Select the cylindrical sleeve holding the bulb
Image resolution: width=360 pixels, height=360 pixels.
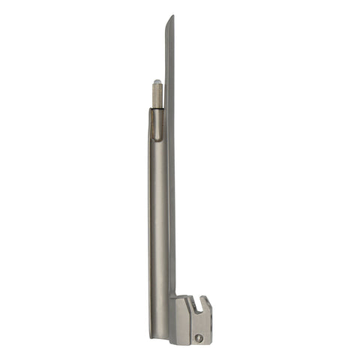pos(157,94)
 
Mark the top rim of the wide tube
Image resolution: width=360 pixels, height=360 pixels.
pos(157,110)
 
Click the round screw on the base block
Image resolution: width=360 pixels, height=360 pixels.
pos(199,337)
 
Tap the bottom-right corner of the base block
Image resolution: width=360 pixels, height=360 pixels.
pos(211,344)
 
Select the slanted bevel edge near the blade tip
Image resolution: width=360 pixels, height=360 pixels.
pos(169,30)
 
